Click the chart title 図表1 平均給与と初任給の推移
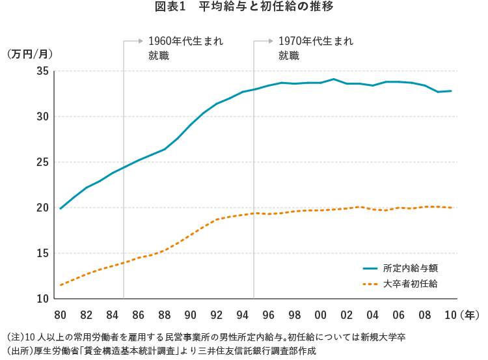tap(244, 8)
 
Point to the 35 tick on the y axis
tap(43, 71)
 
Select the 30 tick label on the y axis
tap(43, 117)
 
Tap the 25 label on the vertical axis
tap(43, 162)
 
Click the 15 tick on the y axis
tap(43, 253)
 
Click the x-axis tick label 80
tap(60, 315)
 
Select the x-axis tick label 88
tap(164, 315)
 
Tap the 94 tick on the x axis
tap(242, 315)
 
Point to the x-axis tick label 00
tap(320, 315)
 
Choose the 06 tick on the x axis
tap(398, 315)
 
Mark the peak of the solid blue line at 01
tap(334, 79)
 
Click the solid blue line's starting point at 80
tap(61, 208)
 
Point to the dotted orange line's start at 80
tap(61, 285)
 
